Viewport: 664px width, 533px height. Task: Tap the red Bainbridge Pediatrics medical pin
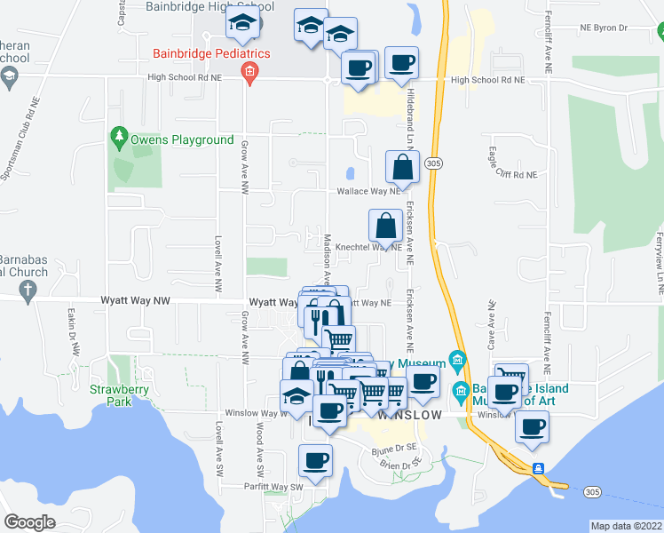(250, 73)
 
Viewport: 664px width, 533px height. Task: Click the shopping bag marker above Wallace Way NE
(402, 166)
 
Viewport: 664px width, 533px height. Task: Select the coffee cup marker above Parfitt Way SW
(316, 460)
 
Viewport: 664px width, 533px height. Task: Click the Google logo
(30, 522)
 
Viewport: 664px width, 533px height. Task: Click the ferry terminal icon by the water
(538, 468)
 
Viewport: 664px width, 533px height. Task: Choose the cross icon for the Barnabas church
(28, 289)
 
